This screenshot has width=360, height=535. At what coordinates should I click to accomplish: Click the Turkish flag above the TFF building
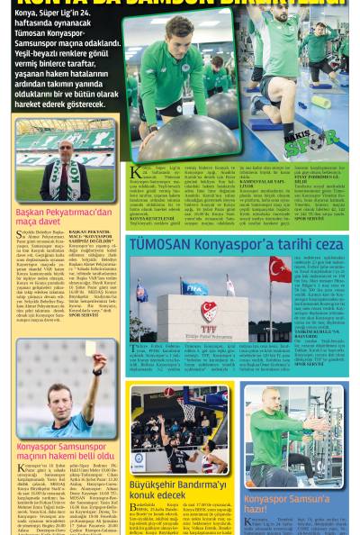[280, 268]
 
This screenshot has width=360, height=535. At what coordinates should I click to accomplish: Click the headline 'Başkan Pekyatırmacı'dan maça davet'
[63, 217]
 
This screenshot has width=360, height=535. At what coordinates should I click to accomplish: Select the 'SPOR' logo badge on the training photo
[322, 141]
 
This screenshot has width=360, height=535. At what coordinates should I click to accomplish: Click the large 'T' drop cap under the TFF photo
[133, 349]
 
